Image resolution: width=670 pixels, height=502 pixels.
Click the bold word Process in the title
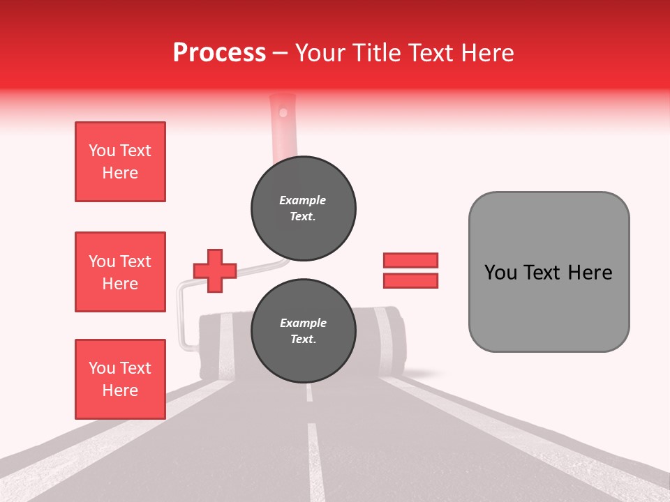(219, 52)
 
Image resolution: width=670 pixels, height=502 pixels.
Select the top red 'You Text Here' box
(120, 162)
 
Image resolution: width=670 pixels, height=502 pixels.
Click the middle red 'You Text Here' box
(120, 272)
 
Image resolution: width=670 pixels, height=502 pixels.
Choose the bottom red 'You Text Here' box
(120, 379)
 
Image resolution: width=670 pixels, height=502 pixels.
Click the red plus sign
(215, 271)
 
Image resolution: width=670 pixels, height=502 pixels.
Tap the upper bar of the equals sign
(410, 260)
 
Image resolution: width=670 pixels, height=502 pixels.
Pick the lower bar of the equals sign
(410, 280)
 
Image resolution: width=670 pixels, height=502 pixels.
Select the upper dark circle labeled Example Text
(303, 208)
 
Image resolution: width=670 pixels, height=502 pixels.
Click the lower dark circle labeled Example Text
(303, 330)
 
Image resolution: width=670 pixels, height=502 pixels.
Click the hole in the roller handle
(283, 111)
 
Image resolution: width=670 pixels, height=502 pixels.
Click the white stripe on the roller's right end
(384, 342)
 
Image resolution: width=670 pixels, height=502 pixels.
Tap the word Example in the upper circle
(303, 200)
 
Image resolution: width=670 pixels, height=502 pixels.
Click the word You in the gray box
(499, 273)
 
